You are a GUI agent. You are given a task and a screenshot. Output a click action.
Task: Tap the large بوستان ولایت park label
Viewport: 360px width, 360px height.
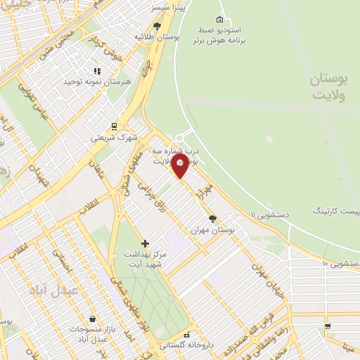coord(328,88)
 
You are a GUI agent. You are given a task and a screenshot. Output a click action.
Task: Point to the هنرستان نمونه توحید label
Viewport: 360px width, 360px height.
coord(98,82)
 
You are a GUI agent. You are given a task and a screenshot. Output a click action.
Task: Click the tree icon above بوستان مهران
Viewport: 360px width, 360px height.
coord(213,219)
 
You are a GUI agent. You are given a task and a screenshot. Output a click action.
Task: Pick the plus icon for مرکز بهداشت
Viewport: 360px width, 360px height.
coord(146,243)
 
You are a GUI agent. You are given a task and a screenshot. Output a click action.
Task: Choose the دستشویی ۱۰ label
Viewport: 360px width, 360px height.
coord(341,263)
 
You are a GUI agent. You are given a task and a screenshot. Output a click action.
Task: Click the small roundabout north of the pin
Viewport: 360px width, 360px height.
coord(181,138)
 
